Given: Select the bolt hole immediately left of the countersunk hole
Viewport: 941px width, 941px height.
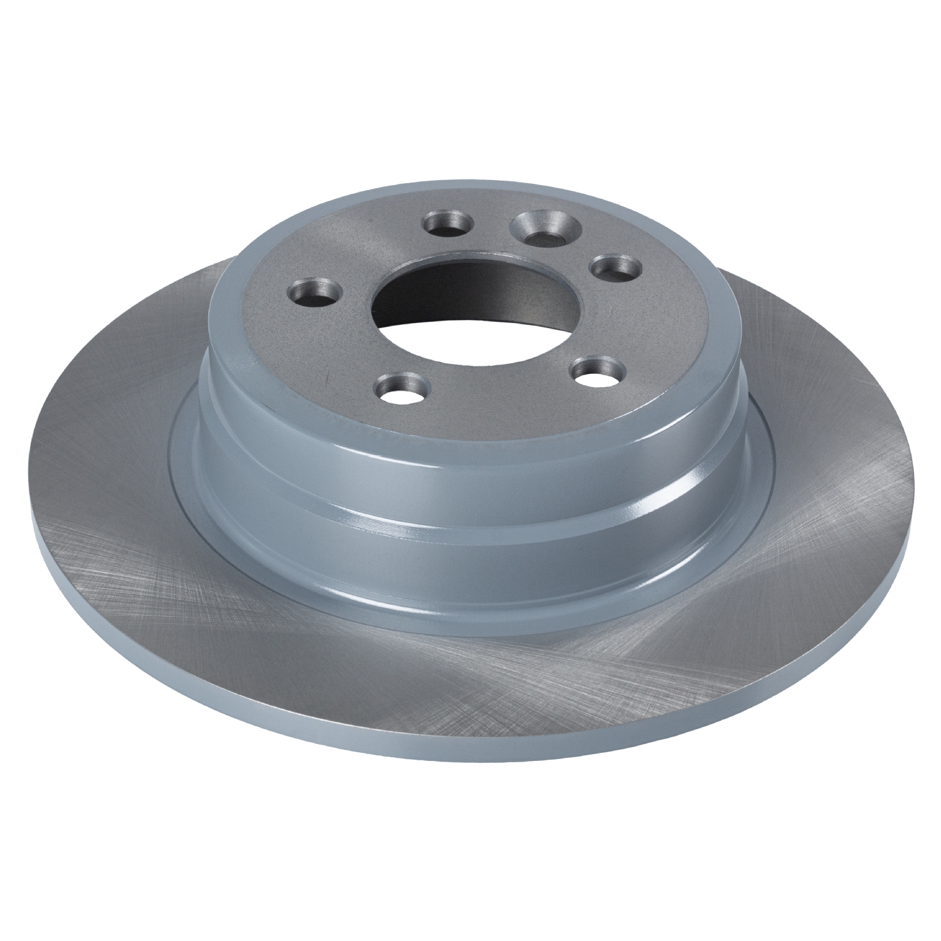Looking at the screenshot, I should (448, 223).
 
